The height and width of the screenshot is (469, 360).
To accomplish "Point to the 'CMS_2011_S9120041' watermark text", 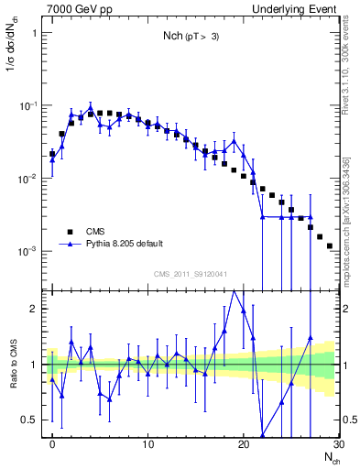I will click(191, 274).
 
